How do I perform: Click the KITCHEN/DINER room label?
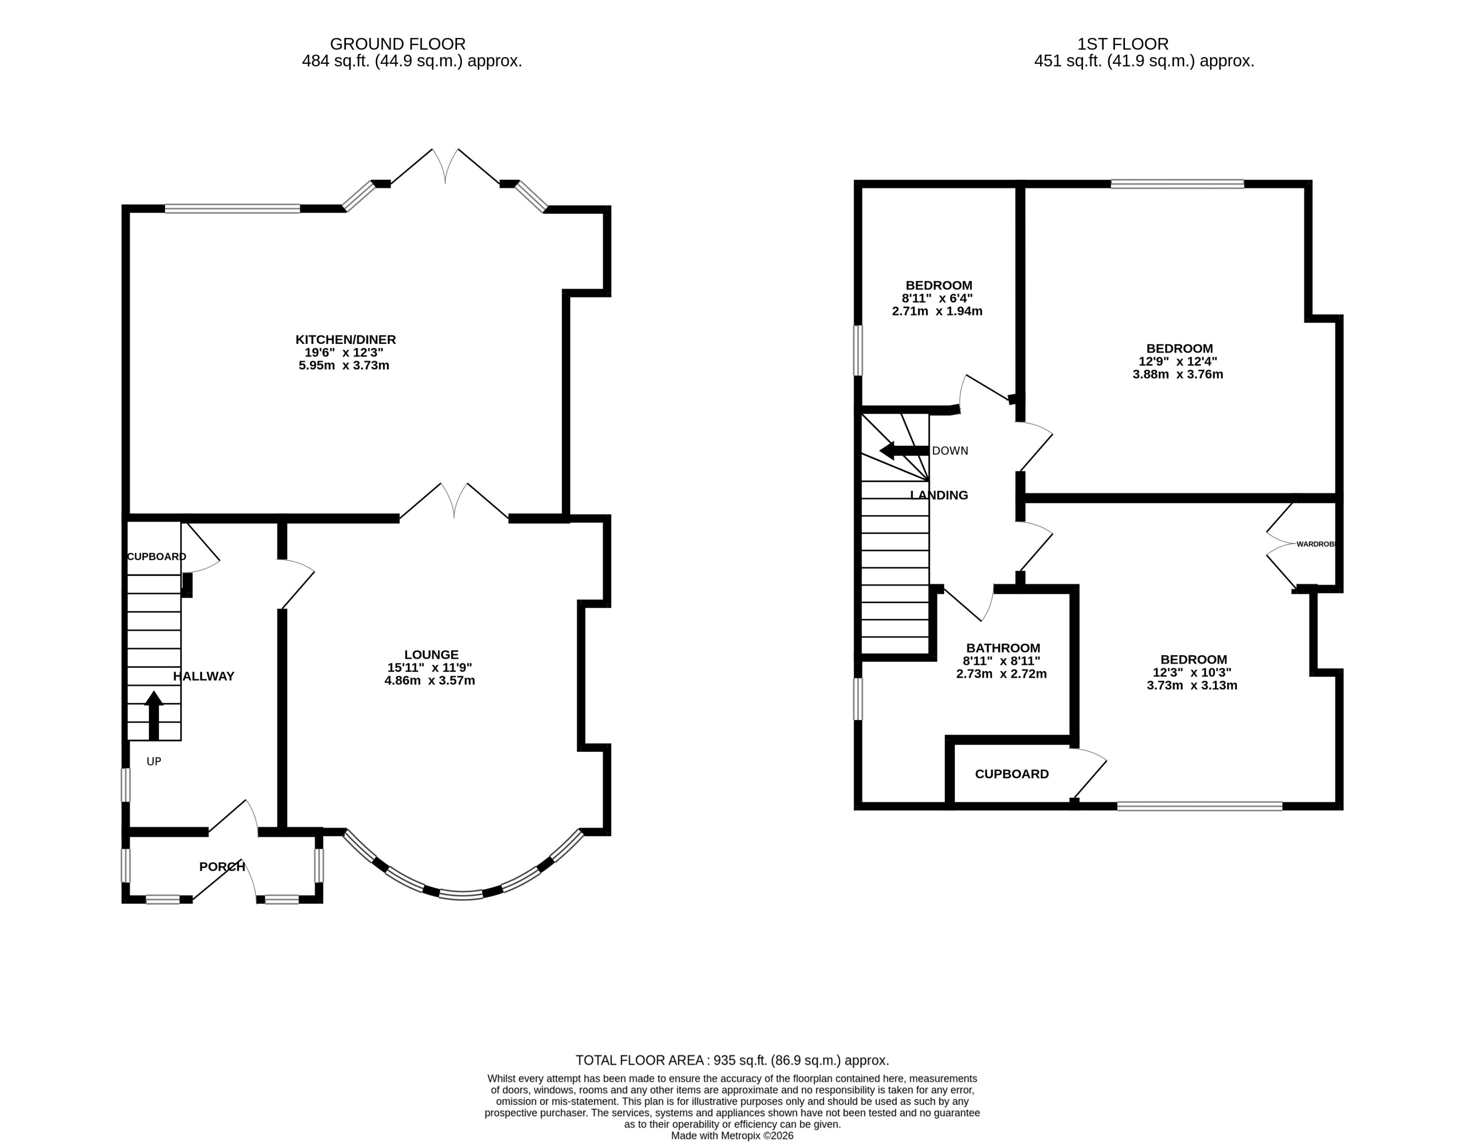pos(346,339)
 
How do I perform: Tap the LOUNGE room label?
pos(431,654)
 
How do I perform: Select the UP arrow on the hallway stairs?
pos(154,715)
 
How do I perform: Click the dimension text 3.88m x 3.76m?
pos(1177,374)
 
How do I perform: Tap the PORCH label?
pos(222,866)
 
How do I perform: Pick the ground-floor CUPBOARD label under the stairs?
pos(156,556)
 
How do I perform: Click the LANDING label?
pos(939,495)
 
